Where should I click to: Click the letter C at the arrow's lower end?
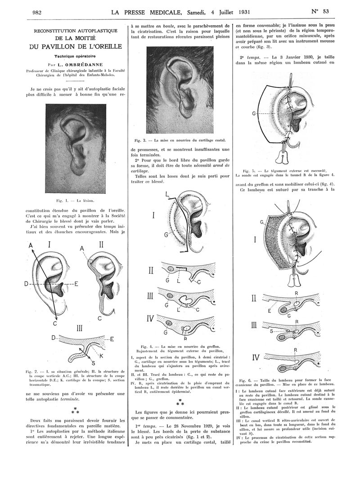(55, 324)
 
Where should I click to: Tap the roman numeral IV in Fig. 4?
(151, 320)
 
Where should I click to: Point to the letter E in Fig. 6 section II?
(269, 310)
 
